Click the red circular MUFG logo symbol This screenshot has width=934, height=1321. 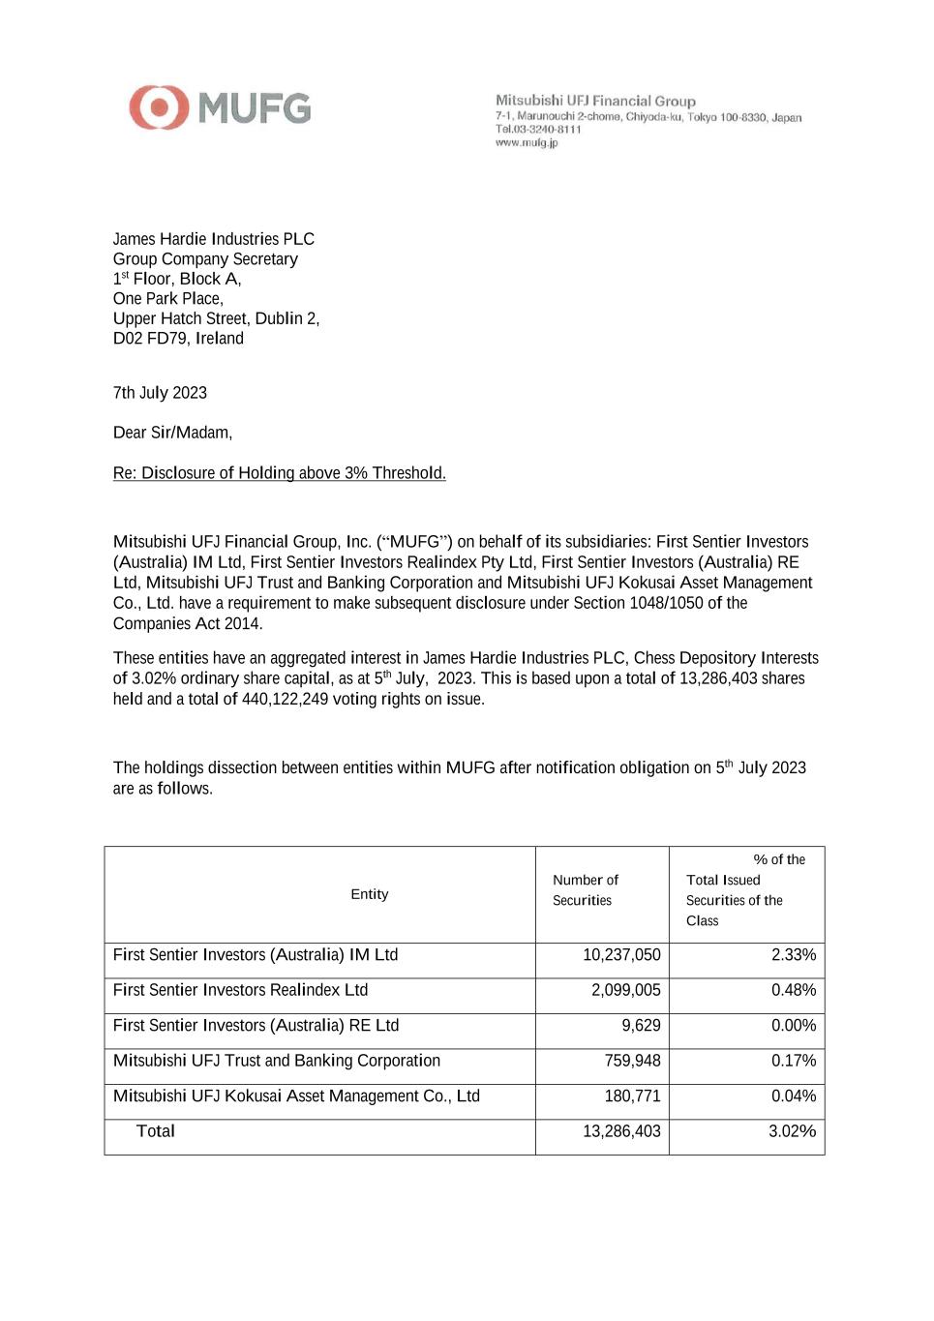pos(159,107)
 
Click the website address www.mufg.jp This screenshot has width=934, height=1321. pos(527,142)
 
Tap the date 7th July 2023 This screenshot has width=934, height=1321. pos(160,393)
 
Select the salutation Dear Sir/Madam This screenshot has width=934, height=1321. pos(172,433)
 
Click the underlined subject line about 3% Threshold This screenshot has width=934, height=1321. pos(279,473)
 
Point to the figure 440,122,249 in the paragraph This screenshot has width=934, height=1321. pos(285,699)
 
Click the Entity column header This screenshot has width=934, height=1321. pos(369,894)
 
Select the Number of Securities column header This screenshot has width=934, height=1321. pos(585,889)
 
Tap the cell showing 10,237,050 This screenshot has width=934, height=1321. pos(621,955)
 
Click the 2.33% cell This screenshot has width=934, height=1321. pos(794,955)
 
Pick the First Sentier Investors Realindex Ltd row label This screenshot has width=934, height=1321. pos(240,990)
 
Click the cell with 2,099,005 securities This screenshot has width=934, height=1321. pos(625,990)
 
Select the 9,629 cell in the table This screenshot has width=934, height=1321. pos(641,1026)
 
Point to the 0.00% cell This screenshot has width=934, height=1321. pos(794,1026)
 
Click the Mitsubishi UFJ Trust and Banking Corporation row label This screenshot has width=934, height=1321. pos(276,1061)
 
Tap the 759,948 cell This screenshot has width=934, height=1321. pos(632,1061)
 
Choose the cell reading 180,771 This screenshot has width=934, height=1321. pos(632,1096)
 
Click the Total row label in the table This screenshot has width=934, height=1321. pos(156,1131)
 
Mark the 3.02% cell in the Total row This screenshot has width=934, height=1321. pos(792,1131)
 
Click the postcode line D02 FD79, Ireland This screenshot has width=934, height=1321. pos(178,339)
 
